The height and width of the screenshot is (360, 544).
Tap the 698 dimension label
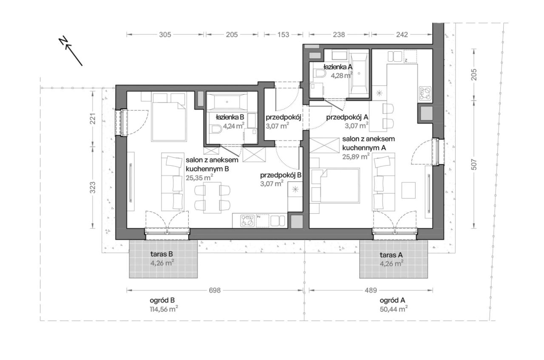coord(215,291)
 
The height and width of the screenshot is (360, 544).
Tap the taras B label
coord(161,255)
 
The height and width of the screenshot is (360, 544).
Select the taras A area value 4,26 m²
coord(391,263)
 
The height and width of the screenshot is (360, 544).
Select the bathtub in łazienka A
coord(359,73)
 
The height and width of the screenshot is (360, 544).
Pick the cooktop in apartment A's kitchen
coord(425,92)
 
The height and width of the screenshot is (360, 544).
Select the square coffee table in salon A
coord(408,190)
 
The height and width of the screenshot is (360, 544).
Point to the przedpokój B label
coord(281,175)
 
